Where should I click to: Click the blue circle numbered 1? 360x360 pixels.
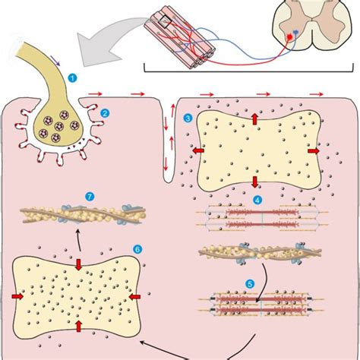click(x=72, y=77)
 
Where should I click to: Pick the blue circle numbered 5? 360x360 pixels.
click(x=249, y=285)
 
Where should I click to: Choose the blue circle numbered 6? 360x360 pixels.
click(x=137, y=248)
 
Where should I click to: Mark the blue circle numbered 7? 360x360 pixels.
click(x=90, y=197)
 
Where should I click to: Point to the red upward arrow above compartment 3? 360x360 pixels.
click(x=254, y=118)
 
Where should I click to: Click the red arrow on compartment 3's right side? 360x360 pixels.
click(x=311, y=150)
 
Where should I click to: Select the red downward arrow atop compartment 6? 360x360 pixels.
click(x=79, y=264)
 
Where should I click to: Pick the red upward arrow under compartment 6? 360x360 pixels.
click(x=79, y=325)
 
